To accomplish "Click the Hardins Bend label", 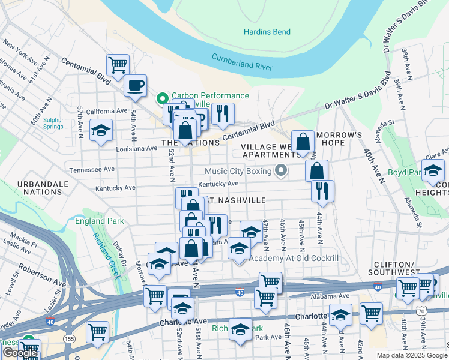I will point(267,32).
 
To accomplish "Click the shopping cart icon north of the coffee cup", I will point(118,64).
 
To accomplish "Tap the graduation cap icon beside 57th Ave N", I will point(101,130).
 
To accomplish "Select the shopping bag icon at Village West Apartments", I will point(304,142).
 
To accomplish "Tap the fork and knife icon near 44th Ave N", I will point(322,190).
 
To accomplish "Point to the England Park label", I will point(100,221).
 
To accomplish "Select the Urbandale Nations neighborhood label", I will point(40,187).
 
